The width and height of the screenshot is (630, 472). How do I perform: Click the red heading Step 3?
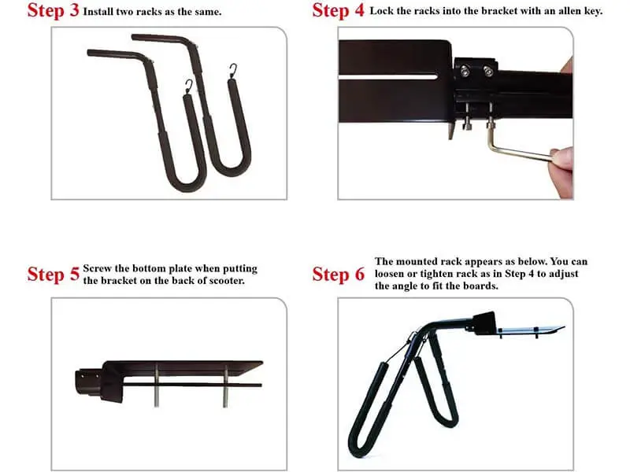pos(53,11)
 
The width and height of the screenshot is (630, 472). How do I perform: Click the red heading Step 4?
pos(339,11)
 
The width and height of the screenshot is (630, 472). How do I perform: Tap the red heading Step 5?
pos(53,275)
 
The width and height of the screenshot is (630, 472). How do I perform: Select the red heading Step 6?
pos(339,275)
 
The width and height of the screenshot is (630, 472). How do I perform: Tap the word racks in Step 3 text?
pos(148,12)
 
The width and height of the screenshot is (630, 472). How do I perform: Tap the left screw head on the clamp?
pos(465,71)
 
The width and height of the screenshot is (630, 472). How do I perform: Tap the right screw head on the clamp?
pos(488,72)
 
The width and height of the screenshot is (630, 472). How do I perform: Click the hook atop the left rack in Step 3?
pos(189,87)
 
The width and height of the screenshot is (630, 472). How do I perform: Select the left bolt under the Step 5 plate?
pos(156,385)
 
